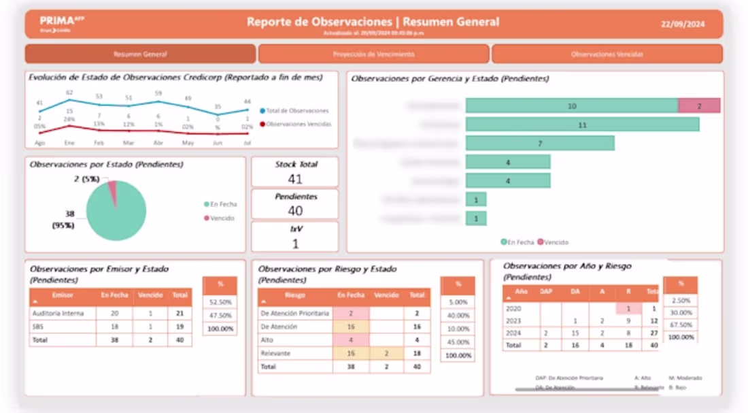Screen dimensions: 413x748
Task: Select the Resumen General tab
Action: point(140,54)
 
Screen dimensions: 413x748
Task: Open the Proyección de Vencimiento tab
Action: point(373,54)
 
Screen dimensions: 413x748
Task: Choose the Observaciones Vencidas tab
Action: point(607,54)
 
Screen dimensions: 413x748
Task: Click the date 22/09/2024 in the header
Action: point(682,24)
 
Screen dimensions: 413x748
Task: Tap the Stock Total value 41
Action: point(295,179)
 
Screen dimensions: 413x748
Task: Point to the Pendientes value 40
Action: point(295,211)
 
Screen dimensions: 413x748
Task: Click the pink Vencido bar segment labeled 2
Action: point(699,106)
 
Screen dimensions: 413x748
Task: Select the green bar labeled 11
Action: point(582,125)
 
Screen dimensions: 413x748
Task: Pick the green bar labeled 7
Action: point(540,144)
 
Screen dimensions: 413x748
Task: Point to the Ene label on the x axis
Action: point(69,143)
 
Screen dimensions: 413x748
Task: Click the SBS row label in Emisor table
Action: point(38,327)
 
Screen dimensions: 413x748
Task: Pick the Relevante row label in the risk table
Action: point(276,354)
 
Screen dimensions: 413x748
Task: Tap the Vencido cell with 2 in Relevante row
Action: point(387,354)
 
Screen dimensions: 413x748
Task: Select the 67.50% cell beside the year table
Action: point(681,325)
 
